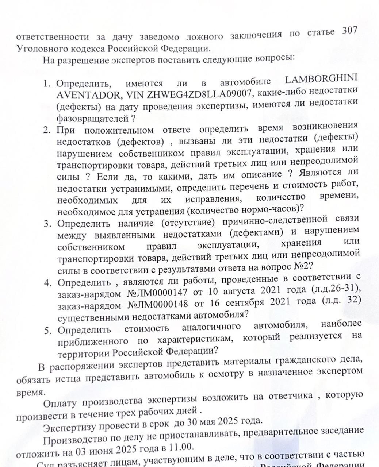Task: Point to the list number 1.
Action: click(47, 84)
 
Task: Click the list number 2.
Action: click(47, 130)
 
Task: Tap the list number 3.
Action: click(47, 223)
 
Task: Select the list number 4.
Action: click(47, 283)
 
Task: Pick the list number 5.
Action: click(47, 331)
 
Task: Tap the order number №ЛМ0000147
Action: click(157, 292)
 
